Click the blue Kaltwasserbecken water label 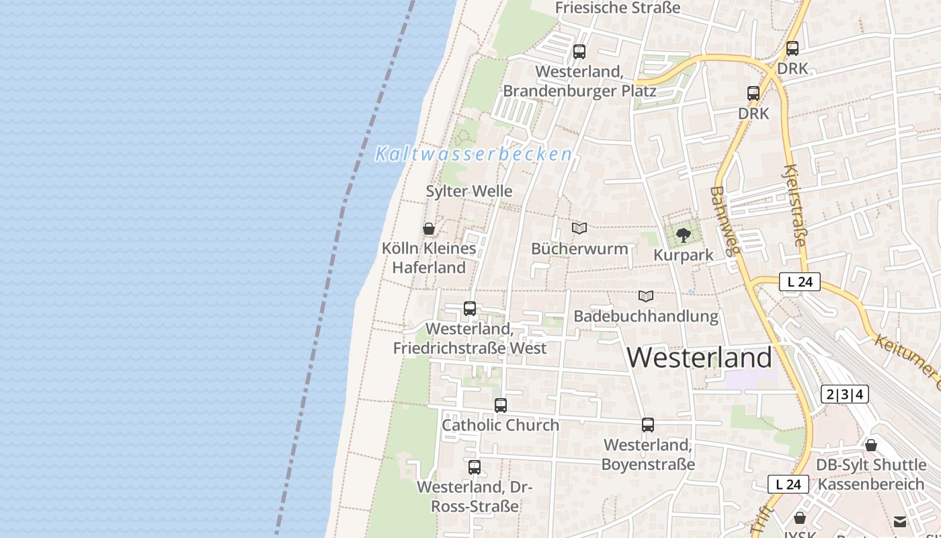(473, 154)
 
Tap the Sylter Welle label (469, 191)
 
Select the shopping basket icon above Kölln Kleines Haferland (429, 229)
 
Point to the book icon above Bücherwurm (579, 229)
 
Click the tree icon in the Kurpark (684, 235)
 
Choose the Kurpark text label (684, 256)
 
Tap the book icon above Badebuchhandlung (646, 296)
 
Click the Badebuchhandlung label (646, 315)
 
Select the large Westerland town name (700, 357)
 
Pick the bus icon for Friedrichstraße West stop (470, 309)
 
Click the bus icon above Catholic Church (501, 406)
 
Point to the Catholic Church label (500, 425)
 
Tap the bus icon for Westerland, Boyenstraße (648, 425)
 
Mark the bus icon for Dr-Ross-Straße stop (475, 467)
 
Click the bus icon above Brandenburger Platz (579, 51)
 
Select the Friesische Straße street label (618, 8)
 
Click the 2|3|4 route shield (844, 394)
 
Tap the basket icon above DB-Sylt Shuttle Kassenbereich (871, 445)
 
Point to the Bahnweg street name (725, 221)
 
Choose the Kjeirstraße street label (794, 204)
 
